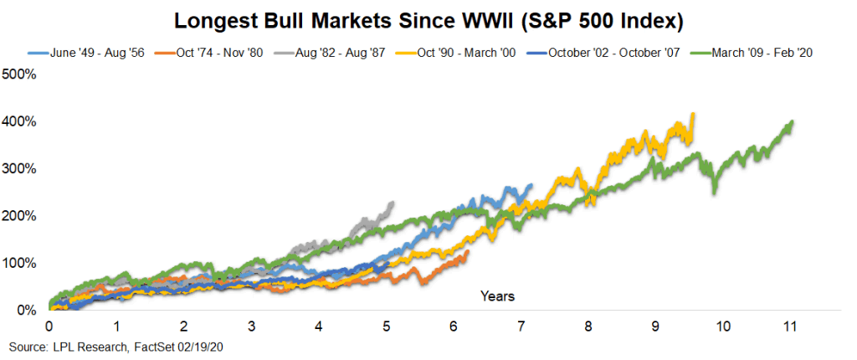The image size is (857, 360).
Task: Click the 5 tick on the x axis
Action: click(386, 325)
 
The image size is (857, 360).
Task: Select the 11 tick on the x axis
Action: click(788, 325)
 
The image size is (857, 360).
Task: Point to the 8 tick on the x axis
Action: click(588, 325)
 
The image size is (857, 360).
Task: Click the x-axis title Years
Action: click(497, 296)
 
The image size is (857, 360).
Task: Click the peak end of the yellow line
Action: click(692, 115)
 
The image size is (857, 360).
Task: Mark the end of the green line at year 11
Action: click(792, 122)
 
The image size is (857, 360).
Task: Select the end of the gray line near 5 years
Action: click(393, 203)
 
